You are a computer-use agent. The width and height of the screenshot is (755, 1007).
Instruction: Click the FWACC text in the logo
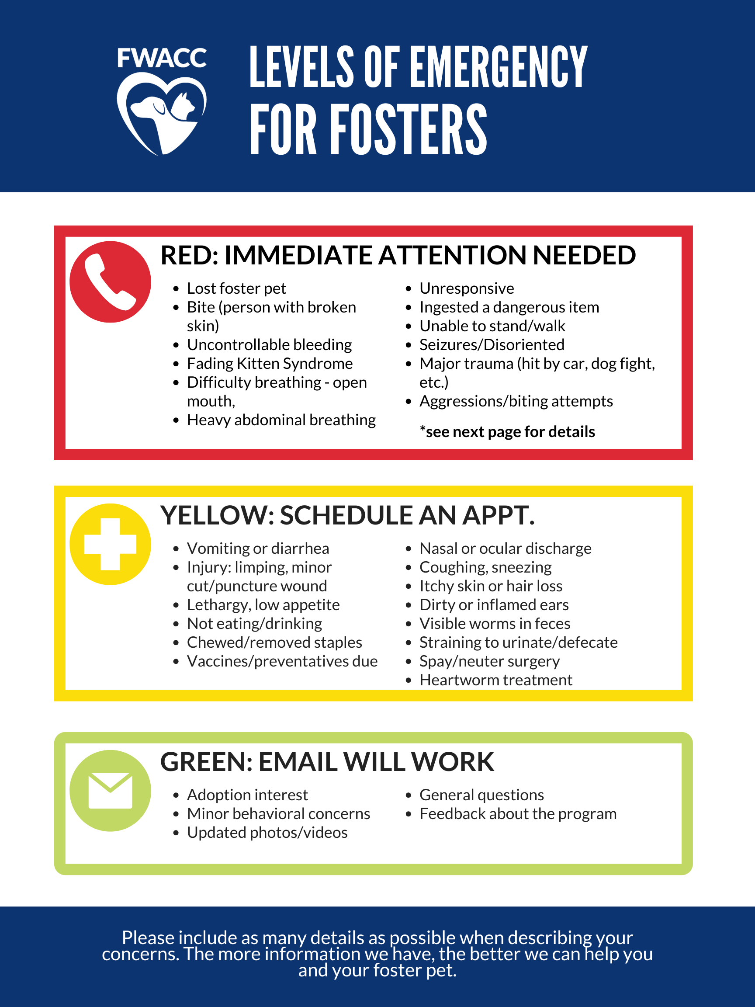(162, 58)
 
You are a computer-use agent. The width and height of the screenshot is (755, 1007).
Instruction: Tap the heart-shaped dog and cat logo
(162, 114)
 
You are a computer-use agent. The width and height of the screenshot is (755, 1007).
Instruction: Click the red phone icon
(110, 282)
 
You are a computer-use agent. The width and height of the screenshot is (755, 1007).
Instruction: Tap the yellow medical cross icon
(110, 544)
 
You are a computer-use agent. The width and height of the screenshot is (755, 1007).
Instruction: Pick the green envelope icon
(110, 791)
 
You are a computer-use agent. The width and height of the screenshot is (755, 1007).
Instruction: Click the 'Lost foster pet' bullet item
(236, 288)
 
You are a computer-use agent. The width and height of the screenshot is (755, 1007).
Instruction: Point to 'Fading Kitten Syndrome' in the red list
(270, 363)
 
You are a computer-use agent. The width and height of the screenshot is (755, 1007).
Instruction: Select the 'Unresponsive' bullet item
(467, 288)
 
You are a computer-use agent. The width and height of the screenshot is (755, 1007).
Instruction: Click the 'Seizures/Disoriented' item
(492, 344)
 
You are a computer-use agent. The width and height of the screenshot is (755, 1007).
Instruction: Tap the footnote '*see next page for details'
(507, 431)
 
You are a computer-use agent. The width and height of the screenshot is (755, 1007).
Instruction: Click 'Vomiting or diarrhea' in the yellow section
(258, 548)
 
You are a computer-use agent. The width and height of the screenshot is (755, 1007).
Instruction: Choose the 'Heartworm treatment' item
(496, 680)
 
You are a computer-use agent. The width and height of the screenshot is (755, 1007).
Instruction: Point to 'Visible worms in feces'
(495, 623)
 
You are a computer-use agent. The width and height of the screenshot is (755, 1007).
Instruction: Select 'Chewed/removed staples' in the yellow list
(274, 642)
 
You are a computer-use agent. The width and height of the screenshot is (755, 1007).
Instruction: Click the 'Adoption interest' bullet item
(248, 795)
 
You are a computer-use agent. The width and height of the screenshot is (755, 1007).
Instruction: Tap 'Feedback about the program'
(518, 813)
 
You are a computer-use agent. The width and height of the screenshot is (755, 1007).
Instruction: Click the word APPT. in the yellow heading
(499, 515)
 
